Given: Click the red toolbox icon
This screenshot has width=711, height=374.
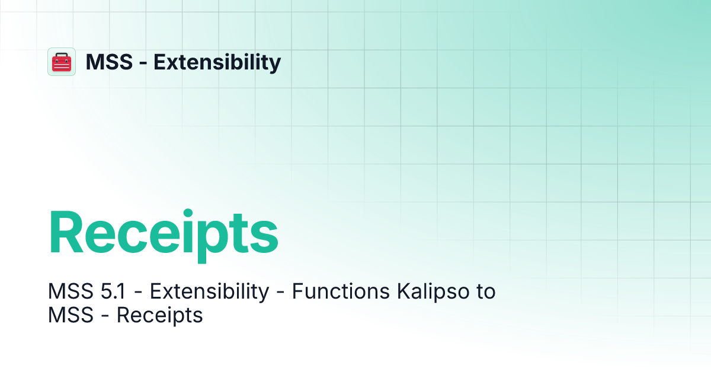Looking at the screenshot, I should [x=62, y=62].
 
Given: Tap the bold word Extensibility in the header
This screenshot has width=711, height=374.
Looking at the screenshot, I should [x=217, y=62].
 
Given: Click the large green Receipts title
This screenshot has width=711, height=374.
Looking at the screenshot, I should [x=163, y=234].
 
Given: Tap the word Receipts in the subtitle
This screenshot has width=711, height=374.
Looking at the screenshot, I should [x=160, y=315].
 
